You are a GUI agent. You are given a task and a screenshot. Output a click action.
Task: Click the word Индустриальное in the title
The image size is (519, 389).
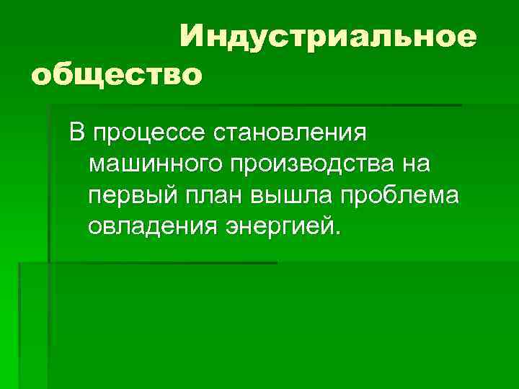point(328,36)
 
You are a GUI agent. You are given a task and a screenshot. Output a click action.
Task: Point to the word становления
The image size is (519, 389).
point(292,133)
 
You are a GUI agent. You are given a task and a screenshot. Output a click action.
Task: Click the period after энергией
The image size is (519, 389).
point(333,233)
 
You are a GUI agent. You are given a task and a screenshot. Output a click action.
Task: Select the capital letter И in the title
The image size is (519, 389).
point(192,36)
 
